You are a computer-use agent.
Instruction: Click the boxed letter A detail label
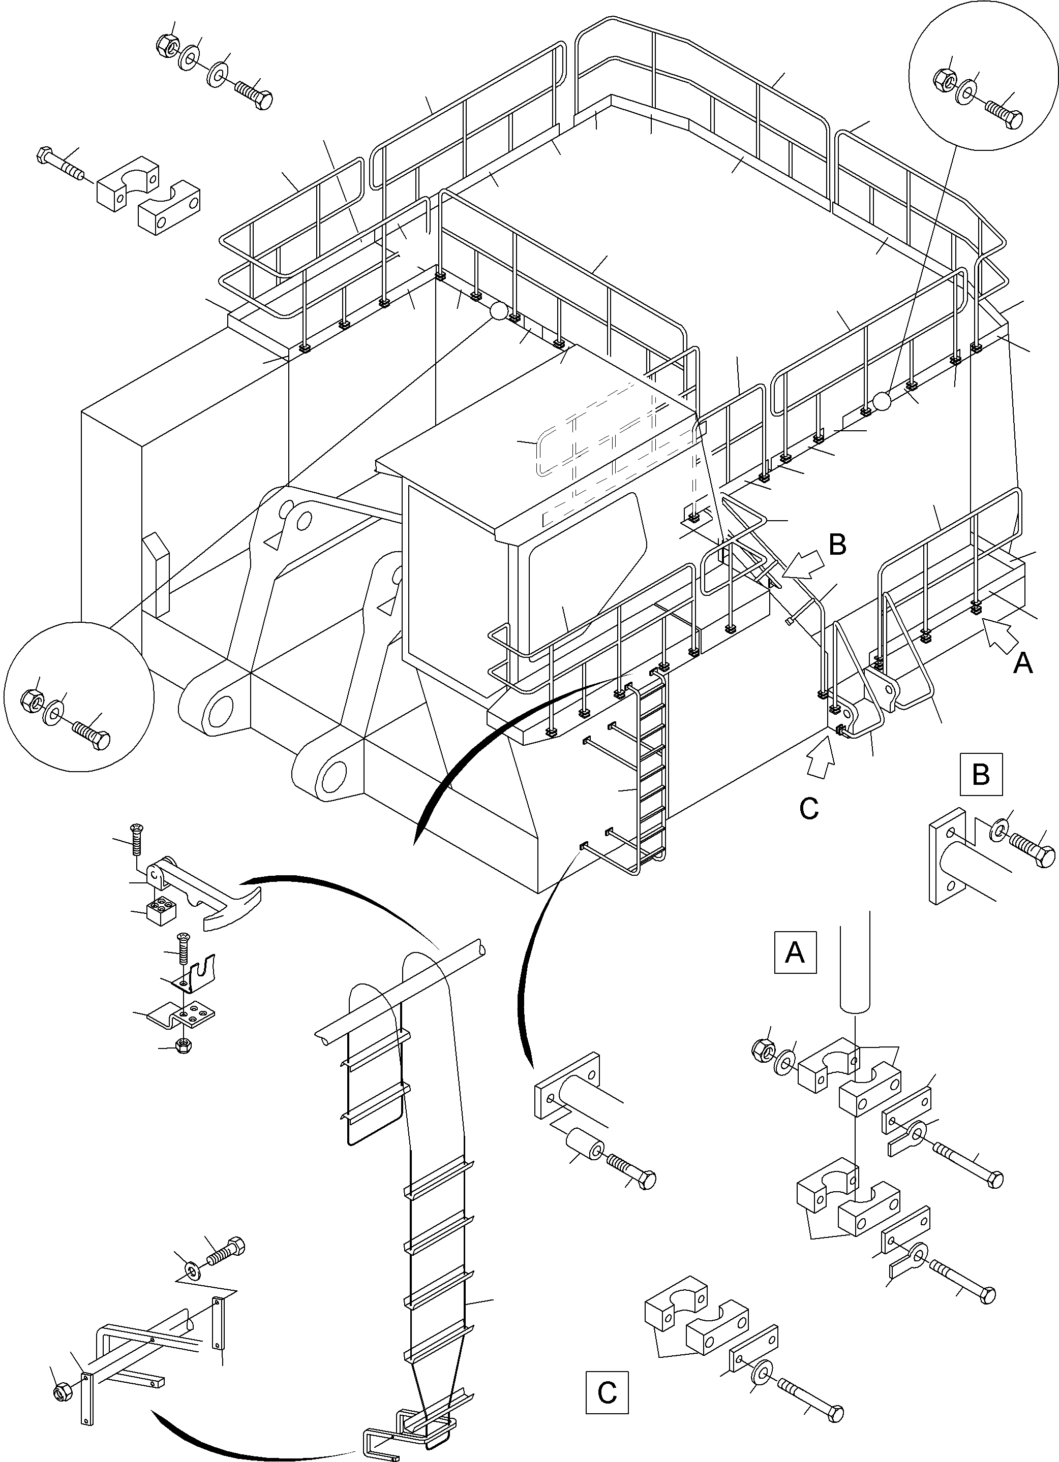point(795,951)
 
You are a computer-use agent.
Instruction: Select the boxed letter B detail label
point(980,774)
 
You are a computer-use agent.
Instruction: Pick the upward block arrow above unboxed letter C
point(820,761)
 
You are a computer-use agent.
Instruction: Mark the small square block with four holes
point(161,910)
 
